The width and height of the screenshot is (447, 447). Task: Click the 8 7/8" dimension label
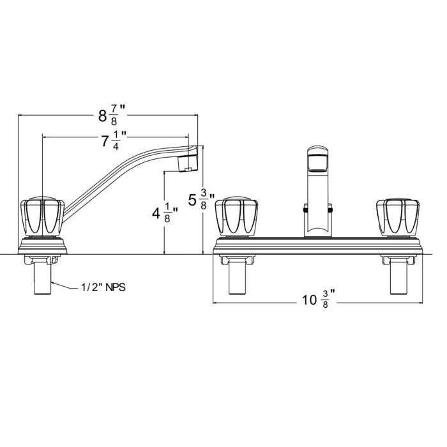[x=109, y=116]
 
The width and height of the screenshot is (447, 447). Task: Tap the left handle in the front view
[x=238, y=217]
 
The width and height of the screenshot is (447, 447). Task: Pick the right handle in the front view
[x=399, y=217]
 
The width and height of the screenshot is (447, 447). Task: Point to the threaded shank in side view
[x=42, y=278]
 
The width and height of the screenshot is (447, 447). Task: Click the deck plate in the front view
[x=318, y=245]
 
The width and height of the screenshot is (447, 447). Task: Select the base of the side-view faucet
[x=42, y=245]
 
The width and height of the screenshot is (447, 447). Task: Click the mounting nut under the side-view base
[x=42, y=259]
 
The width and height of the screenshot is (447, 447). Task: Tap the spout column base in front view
[x=317, y=227]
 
